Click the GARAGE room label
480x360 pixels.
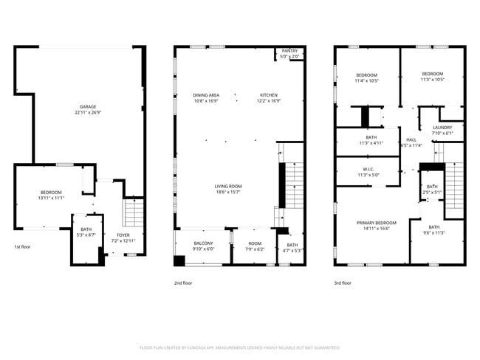click(x=88, y=108)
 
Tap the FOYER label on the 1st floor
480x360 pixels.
click(x=123, y=235)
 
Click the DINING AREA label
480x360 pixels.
click(x=206, y=95)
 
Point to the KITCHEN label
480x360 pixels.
click(x=268, y=95)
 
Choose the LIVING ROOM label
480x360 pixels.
click(x=228, y=186)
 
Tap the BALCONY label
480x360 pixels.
click(x=203, y=243)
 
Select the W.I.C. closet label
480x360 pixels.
click(x=367, y=170)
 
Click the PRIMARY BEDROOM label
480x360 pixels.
click(x=377, y=223)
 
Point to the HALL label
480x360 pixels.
click(x=411, y=139)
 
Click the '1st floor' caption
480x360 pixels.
click(x=23, y=247)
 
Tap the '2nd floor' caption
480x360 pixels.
click(x=182, y=283)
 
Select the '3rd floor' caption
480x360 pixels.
click(x=342, y=283)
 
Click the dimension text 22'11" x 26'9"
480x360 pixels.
click(x=88, y=114)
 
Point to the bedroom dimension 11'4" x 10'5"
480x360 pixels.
click(x=367, y=80)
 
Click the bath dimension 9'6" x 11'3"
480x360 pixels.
click(x=434, y=232)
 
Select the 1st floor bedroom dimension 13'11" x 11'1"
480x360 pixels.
click(x=50, y=198)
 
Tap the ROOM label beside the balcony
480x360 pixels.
click(x=255, y=243)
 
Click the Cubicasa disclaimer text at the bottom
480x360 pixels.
click(x=239, y=347)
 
